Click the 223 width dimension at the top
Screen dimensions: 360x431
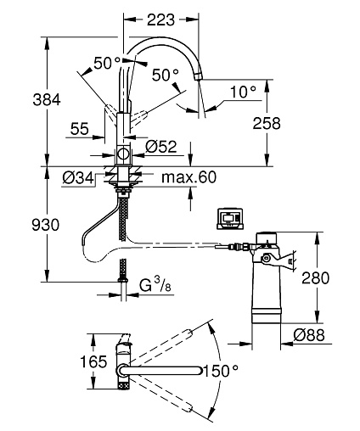160,20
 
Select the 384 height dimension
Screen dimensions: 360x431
47,100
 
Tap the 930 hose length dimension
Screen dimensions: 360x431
46,225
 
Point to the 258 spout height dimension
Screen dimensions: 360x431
267,123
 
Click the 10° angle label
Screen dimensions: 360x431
243,92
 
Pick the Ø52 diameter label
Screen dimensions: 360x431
161,147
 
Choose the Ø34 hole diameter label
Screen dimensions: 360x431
78,178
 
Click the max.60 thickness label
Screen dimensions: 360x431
188,177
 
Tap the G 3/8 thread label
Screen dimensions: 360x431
155,285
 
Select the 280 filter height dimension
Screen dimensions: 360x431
316,277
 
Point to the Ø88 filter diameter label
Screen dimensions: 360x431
309,335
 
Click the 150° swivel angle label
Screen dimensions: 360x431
221,371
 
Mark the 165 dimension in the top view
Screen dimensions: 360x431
93,361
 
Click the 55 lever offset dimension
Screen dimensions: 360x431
80,129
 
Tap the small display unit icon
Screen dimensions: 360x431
230,219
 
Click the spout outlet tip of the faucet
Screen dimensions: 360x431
198,76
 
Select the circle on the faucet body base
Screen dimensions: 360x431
123,154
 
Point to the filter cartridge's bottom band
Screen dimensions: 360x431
267,316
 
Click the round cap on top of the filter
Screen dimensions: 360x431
267,238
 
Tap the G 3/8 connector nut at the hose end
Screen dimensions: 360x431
123,280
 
